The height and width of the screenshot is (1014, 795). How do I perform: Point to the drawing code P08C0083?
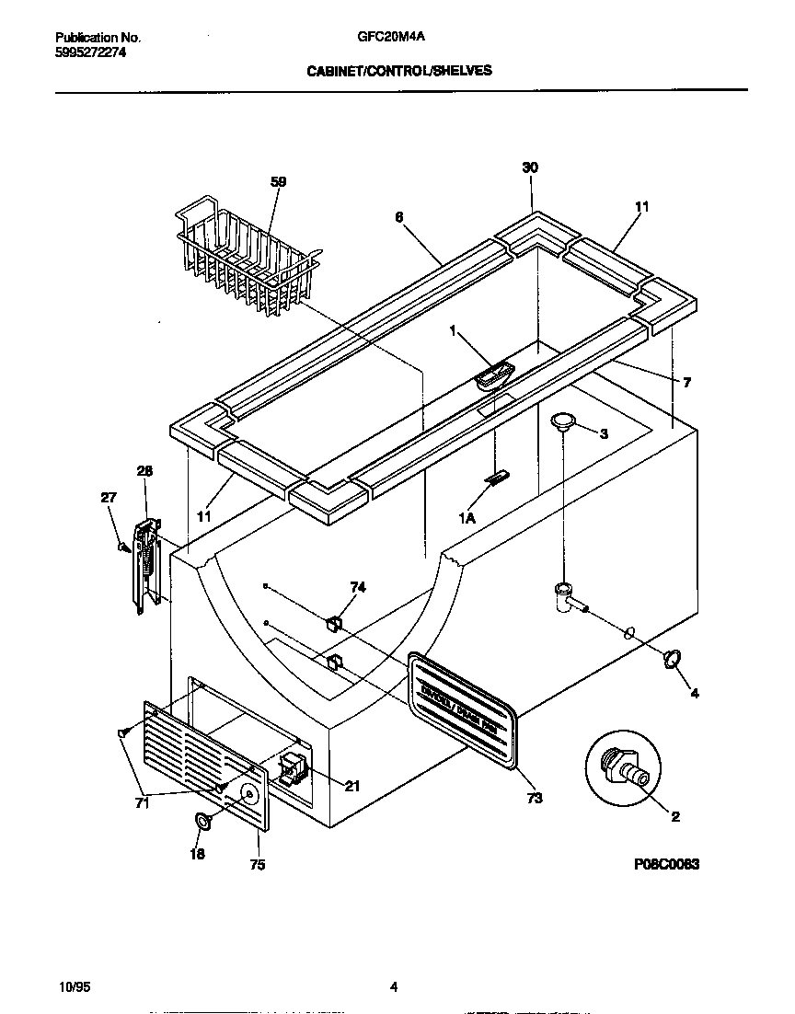[x=667, y=864]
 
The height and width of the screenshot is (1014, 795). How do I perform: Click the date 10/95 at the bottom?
[x=72, y=987]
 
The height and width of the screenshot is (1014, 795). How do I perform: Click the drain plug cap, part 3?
[x=562, y=421]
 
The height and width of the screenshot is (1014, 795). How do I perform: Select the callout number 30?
[x=530, y=167]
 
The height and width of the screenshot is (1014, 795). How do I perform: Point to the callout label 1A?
[x=467, y=518]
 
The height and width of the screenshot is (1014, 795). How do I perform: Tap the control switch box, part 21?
[x=294, y=766]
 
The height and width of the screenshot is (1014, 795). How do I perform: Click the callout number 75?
[x=257, y=865]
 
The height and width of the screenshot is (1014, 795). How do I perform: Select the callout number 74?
[x=358, y=586]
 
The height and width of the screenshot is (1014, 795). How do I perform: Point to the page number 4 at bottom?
[x=393, y=987]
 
